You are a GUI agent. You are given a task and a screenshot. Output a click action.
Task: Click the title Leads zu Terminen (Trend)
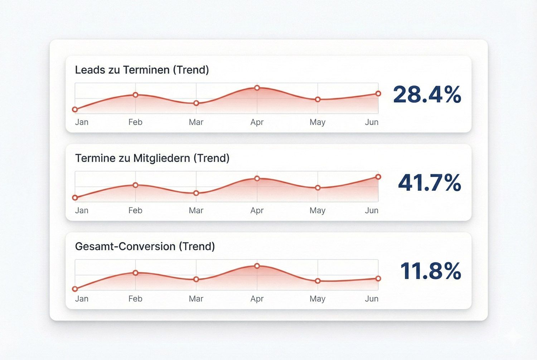pyautogui.click(x=142, y=70)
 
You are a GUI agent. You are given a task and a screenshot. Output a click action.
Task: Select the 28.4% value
pyautogui.click(x=427, y=95)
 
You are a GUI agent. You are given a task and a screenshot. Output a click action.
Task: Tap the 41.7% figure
pyautogui.click(x=429, y=183)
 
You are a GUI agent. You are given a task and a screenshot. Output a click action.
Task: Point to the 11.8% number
pyautogui.click(x=430, y=271)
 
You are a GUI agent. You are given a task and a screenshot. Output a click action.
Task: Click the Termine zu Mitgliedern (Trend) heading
pyautogui.click(x=152, y=158)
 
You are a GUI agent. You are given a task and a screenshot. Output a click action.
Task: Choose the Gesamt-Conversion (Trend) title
pyautogui.click(x=145, y=247)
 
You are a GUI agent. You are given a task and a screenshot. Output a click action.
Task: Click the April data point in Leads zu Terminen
pyautogui.click(x=257, y=88)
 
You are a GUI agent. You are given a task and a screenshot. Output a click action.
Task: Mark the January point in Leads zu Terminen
pyautogui.click(x=75, y=110)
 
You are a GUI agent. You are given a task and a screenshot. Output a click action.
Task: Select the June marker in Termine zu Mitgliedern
pyautogui.click(x=378, y=177)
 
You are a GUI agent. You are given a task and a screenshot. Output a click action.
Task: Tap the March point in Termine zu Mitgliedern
pyautogui.click(x=196, y=193)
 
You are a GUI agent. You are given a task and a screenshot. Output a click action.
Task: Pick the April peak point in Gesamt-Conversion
pyautogui.click(x=257, y=266)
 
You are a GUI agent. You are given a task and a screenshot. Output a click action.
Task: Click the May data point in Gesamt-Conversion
pyautogui.click(x=318, y=281)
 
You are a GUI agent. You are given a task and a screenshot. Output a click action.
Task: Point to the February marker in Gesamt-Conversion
pyautogui.click(x=135, y=273)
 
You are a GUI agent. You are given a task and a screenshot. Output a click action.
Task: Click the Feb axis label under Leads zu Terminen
pyautogui.click(x=135, y=122)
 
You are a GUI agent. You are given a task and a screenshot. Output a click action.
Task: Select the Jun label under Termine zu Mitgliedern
pyautogui.click(x=372, y=210)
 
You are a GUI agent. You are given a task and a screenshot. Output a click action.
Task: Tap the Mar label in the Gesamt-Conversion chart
pyautogui.click(x=196, y=299)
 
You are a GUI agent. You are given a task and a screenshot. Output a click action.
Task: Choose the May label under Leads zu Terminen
pyautogui.click(x=318, y=122)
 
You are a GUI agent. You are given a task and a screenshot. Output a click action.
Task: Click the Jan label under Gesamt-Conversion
pyautogui.click(x=82, y=299)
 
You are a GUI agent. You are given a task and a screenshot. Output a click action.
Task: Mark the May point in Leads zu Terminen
pyautogui.click(x=318, y=99)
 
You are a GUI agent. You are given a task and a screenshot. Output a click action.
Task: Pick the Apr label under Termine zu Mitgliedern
pyautogui.click(x=257, y=210)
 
